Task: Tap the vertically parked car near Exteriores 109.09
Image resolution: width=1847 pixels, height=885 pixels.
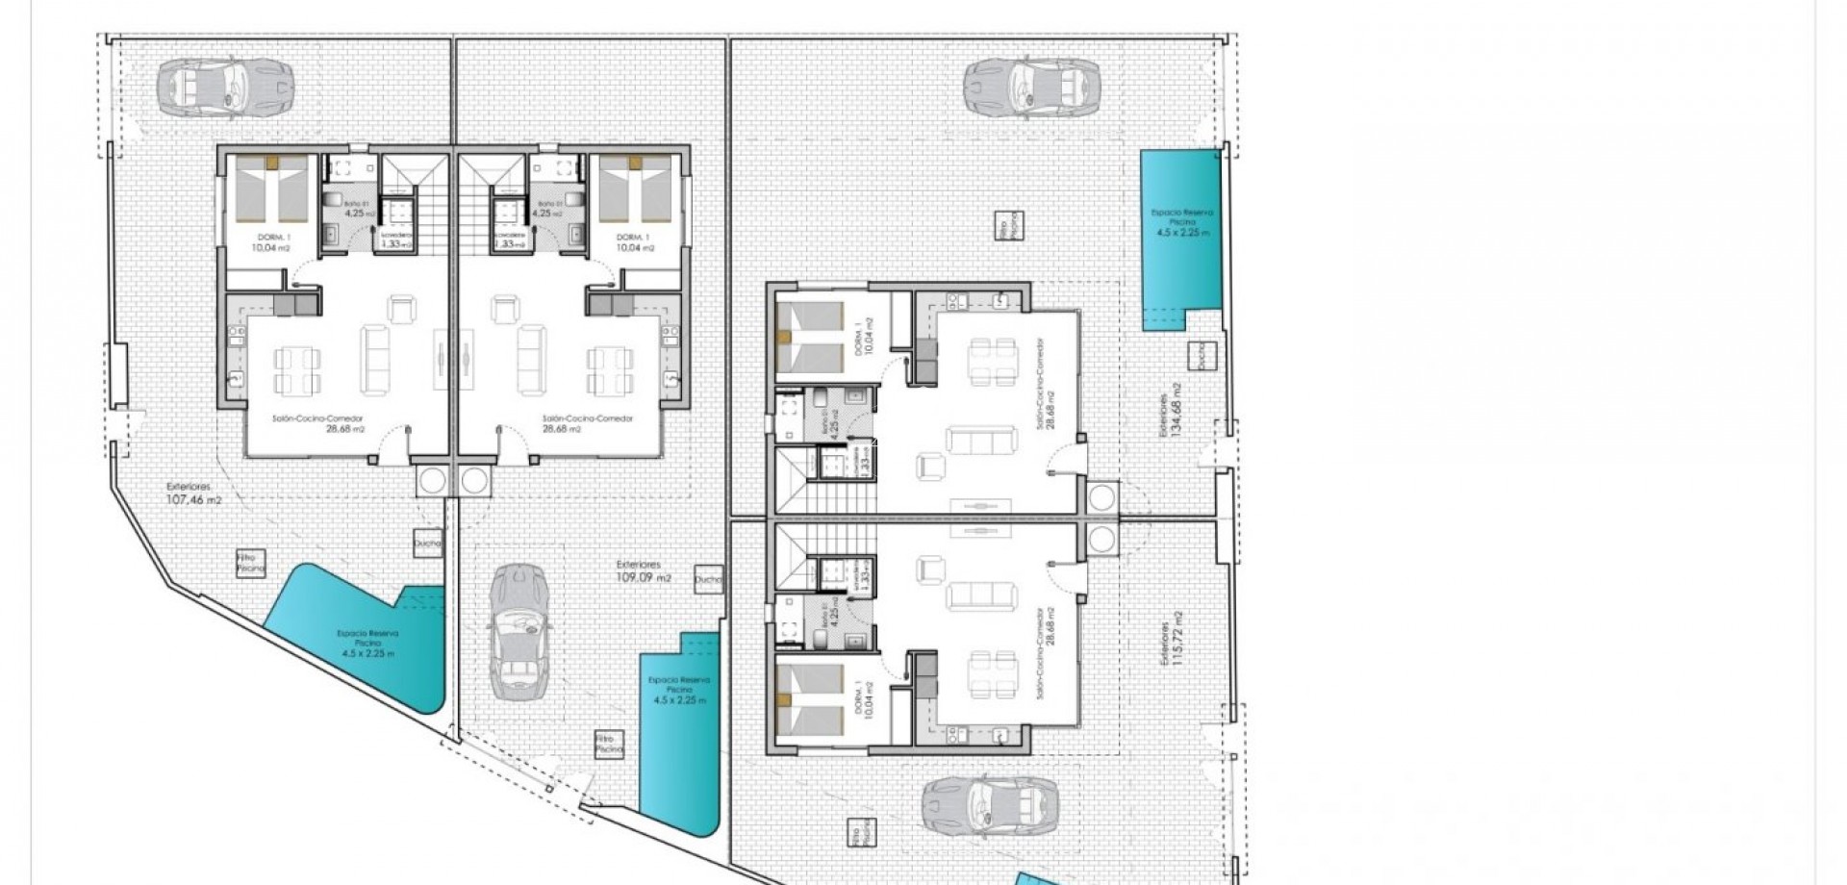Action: click(519, 631)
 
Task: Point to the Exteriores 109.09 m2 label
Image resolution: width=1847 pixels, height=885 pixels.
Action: click(645, 571)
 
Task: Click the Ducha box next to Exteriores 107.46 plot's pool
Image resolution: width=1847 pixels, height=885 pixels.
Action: click(426, 543)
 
